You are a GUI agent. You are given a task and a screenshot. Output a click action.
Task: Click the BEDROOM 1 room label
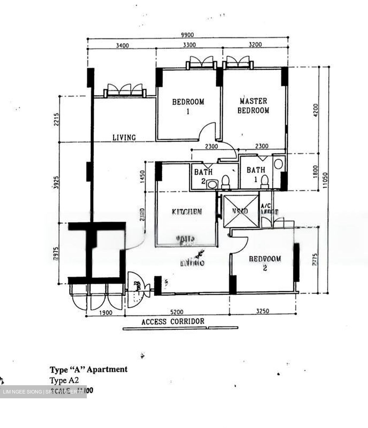tap(188, 106)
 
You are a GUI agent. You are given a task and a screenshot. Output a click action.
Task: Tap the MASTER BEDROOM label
tap(253, 106)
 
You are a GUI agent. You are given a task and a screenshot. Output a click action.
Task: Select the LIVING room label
tap(124, 137)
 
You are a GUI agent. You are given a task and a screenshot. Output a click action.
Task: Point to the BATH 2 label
tap(203, 176)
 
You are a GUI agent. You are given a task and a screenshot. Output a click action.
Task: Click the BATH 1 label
tap(256, 170)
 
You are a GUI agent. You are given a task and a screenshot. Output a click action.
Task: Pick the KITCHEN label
tap(187, 212)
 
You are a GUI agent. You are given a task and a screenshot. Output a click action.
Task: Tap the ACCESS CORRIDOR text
tap(173, 322)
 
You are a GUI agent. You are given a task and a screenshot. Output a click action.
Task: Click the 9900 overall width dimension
tap(187, 35)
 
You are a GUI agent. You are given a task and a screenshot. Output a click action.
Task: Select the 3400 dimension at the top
tap(122, 45)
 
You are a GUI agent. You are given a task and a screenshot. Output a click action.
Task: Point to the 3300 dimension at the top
tap(189, 45)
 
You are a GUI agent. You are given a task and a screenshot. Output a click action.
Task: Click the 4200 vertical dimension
tap(316, 111)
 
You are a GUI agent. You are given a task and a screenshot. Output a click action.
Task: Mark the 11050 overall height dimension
tap(326, 180)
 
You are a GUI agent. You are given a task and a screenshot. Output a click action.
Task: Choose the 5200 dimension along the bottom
tap(177, 312)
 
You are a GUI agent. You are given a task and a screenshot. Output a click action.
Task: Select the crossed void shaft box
tap(241, 211)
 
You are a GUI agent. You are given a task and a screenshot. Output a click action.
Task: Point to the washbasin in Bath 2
tap(212, 185)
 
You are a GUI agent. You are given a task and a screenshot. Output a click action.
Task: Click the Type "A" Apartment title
tap(89, 369)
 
